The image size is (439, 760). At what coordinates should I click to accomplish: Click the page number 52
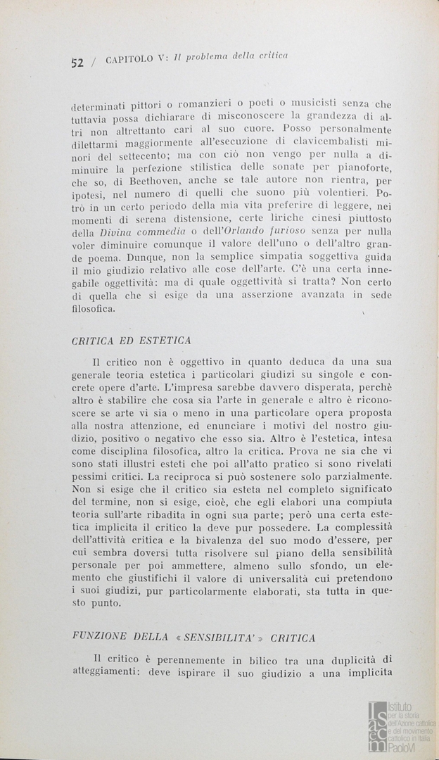[77, 62]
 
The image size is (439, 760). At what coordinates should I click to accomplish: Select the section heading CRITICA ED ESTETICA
[132, 341]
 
